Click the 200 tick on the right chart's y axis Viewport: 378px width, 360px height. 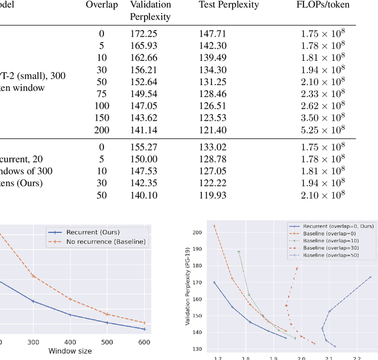pyautogui.click(x=196, y=232)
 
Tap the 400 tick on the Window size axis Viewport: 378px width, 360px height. pyautogui.click(x=70, y=342)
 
